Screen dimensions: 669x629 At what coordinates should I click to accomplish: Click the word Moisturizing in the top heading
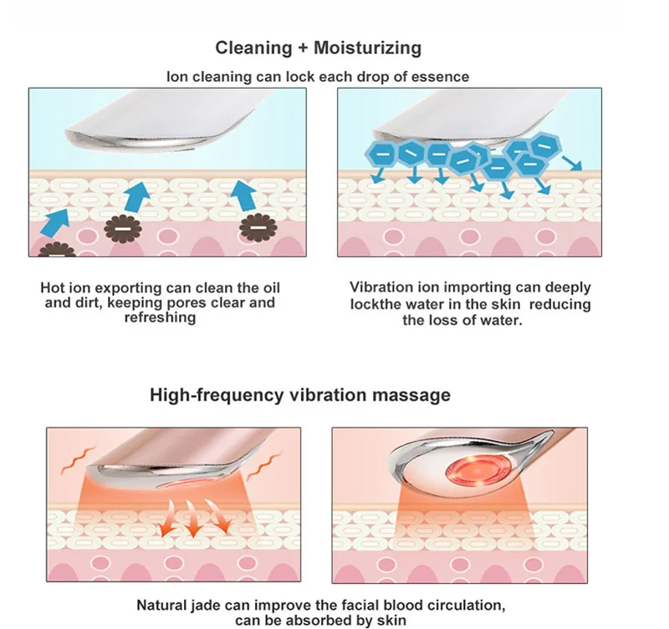pyautogui.click(x=367, y=48)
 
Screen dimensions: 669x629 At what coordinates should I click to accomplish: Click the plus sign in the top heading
pyautogui.click(x=303, y=48)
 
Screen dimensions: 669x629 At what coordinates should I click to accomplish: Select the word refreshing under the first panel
pyautogui.click(x=160, y=317)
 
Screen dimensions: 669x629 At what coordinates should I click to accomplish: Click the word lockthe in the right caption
pyautogui.click(x=375, y=304)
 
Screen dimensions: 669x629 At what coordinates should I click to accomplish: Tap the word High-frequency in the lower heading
pyautogui.click(x=217, y=395)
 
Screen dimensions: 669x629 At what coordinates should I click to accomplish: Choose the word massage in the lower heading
pyautogui.click(x=411, y=395)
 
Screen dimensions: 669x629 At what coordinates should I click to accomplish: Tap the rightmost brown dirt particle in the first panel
pyautogui.click(x=258, y=227)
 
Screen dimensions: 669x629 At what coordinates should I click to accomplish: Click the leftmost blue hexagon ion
pyautogui.click(x=383, y=155)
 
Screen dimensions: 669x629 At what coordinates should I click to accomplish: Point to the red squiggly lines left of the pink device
pyautogui.click(x=78, y=460)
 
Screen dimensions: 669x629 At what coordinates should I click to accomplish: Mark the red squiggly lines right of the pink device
pyautogui.click(x=264, y=467)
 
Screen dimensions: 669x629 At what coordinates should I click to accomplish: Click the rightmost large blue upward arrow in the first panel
pyautogui.click(x=243, y=195)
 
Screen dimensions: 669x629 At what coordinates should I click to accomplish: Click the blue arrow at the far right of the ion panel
pyautogui.click(x=572, y=163)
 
